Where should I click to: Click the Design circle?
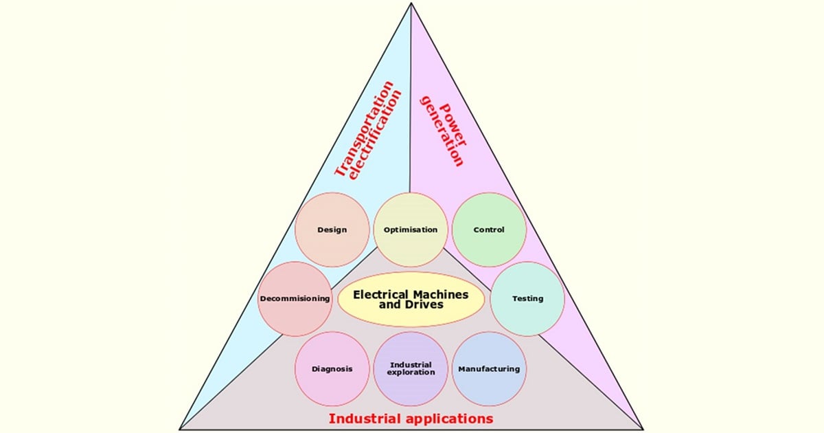332,230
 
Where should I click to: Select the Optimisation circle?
411,230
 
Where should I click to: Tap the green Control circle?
489,230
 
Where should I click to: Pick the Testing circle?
527,299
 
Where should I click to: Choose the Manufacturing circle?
489,369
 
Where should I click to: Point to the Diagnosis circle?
332,369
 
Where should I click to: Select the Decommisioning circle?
295,299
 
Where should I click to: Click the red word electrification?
376,141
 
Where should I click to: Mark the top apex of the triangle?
411,3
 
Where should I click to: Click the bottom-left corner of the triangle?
181,429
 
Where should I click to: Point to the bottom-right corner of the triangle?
643,429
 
